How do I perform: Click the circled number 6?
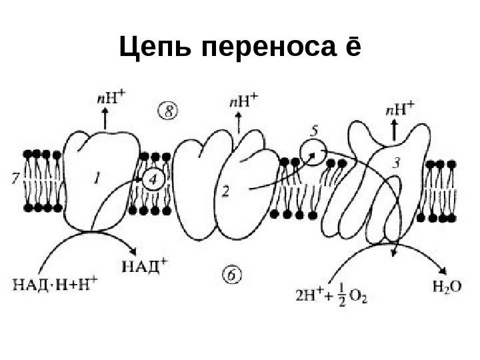click(x=231, y=274)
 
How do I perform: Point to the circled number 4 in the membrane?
click(x=153, y=179)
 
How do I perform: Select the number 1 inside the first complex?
click(x=98, y=177)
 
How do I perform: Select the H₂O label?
click(x=444, y=287)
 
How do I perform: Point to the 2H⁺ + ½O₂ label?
click(x=331, y=292)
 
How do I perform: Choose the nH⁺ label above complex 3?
click(x=401, y=107)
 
